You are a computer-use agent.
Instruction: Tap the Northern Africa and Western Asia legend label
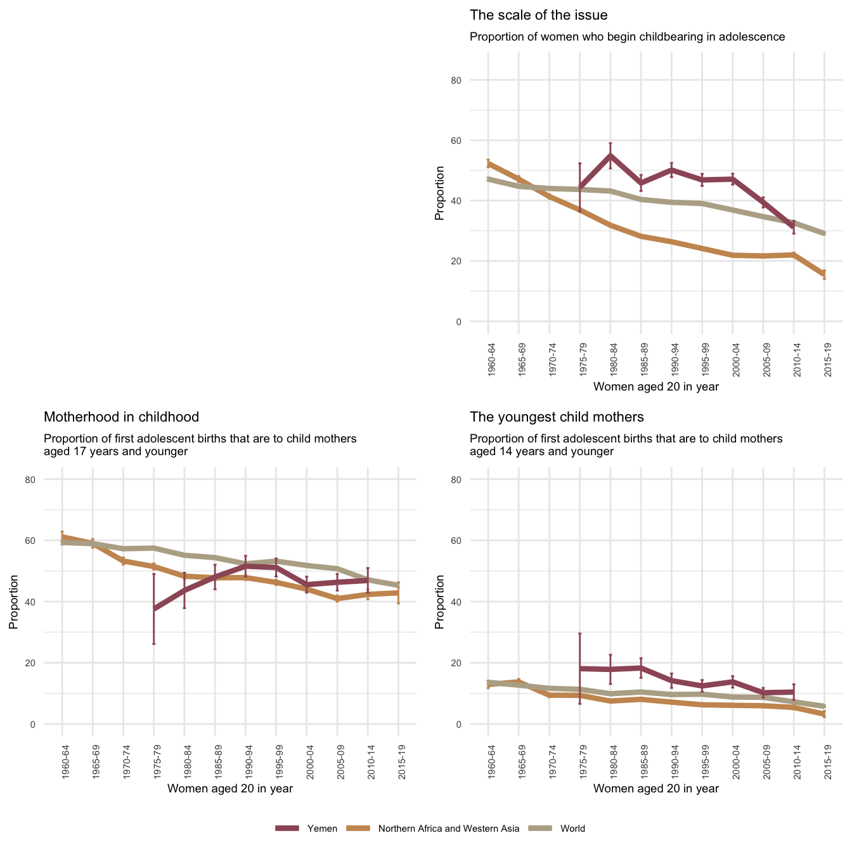[x=448, y=829]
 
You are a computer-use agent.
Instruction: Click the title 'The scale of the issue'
[x=539, y=15]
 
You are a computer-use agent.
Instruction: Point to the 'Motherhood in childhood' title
[x=121, y=417]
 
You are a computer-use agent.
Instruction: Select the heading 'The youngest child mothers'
[x=557, y=417]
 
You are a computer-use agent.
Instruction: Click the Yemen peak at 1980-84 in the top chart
[x=610, y=155]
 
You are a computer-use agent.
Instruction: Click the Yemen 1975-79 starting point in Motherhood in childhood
[x=154, y=609]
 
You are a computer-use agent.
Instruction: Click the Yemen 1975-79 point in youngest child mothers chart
[x=580, y=669]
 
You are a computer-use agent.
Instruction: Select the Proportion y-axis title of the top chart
[x=439, y=193]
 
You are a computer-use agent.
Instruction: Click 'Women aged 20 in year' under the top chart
[x=656, y=387]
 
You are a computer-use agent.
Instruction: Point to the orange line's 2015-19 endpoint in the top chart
[x=824, y=274]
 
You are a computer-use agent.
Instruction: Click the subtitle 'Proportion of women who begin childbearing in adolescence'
[x=628, y=37]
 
